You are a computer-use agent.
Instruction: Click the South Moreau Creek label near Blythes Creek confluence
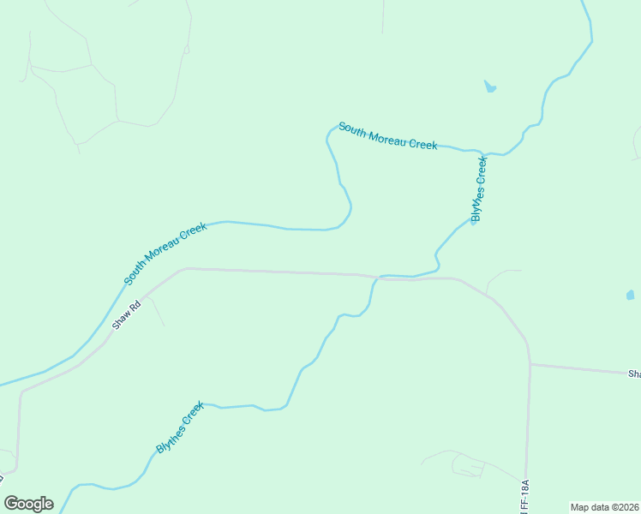(387, 135)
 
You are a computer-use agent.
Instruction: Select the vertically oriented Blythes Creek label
(480, 188)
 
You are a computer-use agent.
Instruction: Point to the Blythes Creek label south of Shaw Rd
(180, 427)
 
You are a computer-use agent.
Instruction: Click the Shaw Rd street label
(125, 316)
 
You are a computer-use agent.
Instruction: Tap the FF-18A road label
(524, 496)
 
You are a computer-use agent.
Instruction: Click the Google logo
(28, 504)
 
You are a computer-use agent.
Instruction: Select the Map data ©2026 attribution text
(605, 507)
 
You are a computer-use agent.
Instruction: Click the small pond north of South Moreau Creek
(489, 87)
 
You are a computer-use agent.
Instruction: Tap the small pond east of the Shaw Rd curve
(630, 295)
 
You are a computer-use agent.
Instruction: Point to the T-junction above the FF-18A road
(530, 364)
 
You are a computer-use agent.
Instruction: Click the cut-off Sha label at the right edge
(634, 374)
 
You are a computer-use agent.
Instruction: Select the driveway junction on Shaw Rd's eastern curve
(487, 295)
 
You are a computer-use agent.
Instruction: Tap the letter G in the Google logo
(12, 503)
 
